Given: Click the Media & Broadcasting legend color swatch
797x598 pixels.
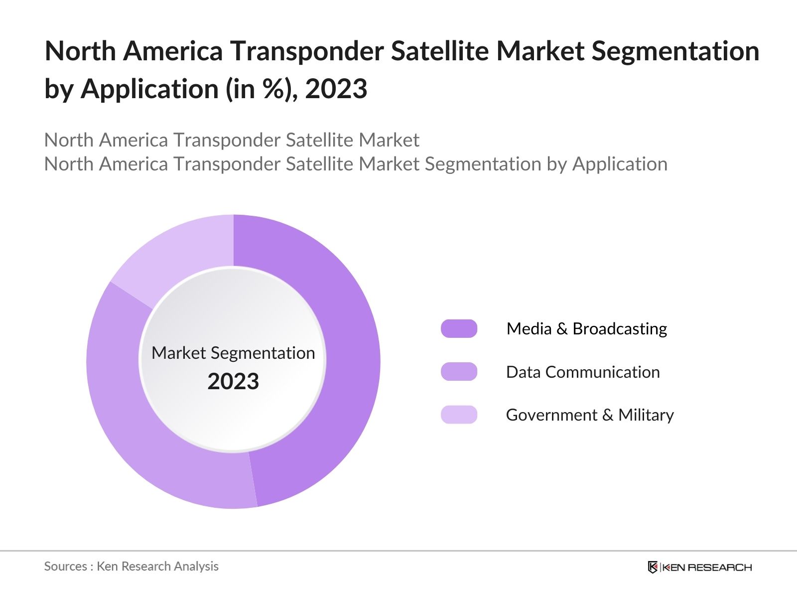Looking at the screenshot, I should pyautogui.click(x=459, y=329).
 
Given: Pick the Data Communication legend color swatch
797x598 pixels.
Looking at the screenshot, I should pyautogui.click(x=459, y=372).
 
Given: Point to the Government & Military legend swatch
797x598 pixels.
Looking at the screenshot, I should pyautogui.click(x=459, y=415).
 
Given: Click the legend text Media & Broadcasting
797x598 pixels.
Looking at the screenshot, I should pyautogui.click(x=586, y=329).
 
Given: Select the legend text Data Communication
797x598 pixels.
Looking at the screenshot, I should pyautogui.click(x=583, y=372).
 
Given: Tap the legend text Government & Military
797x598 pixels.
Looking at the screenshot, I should pyautogui.click(x=590, y=415).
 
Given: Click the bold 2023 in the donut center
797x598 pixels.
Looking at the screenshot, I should pyautogui.click(x=233, y=382).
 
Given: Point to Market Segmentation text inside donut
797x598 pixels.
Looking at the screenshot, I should pyautogui.click(x=233, y=353).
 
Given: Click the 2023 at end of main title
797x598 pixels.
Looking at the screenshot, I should pyautogui.click(x=336, y=89).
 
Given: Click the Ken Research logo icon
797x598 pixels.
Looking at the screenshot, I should pyautogui.click(x=653, y=567).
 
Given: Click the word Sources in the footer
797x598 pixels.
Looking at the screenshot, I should pyautogui.click(x=65, y=566).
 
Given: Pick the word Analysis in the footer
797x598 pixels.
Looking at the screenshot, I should pyautogui.click(x=199, y=566).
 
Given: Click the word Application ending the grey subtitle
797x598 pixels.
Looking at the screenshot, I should pyautogui.click(x=620, y=164).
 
